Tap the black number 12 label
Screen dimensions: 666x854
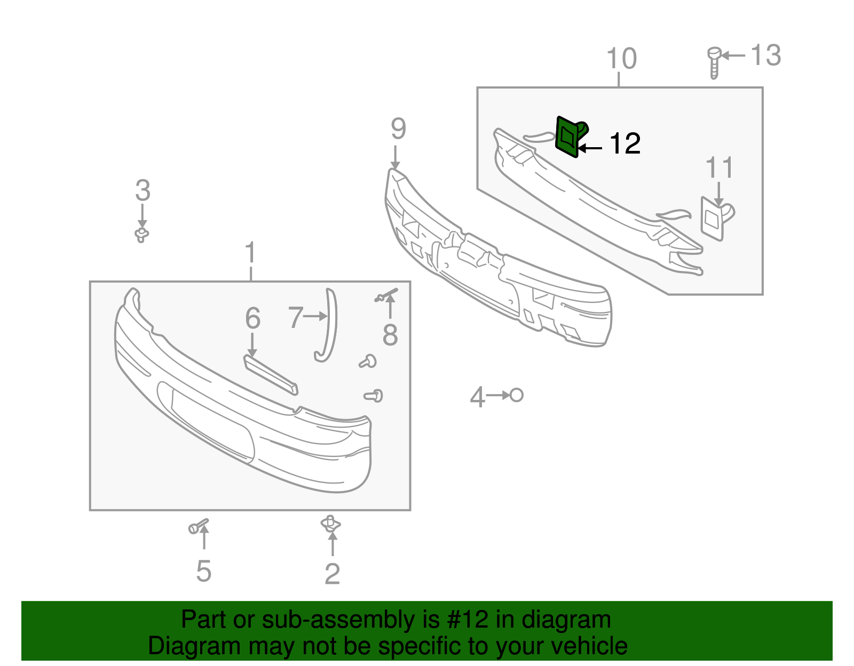tap(624, 144)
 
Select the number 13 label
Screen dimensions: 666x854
tap(765, 55)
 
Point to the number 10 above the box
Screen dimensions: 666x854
tap(622, 59)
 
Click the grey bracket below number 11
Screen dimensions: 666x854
tap(714, 219)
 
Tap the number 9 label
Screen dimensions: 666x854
tap(398, 129)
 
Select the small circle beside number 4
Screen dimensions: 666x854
tap(516, 395)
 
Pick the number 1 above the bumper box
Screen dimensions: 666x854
tap(250, 253)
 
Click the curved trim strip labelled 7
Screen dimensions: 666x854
tap(328, 325)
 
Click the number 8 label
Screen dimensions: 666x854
tap(390, 335)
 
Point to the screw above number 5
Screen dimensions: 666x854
tap(198, 527)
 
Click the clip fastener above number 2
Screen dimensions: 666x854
tap(331, 524)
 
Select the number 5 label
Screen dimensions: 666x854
tap(203, 571)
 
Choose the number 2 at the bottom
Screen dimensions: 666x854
tap(332, 574)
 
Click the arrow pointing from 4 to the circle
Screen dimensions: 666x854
tap(497, 396)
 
